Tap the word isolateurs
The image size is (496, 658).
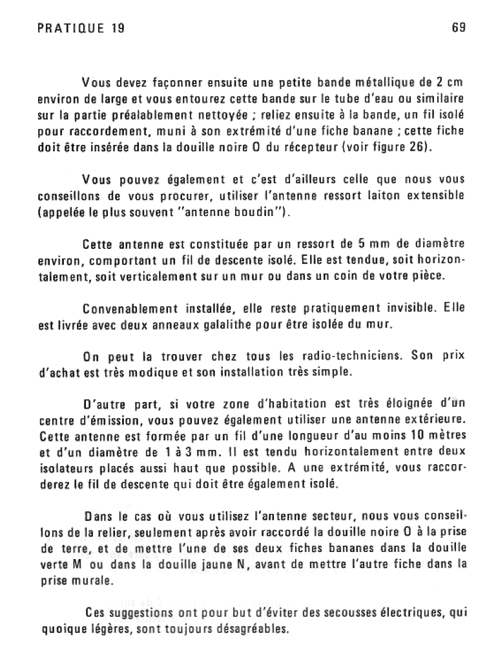68,468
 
